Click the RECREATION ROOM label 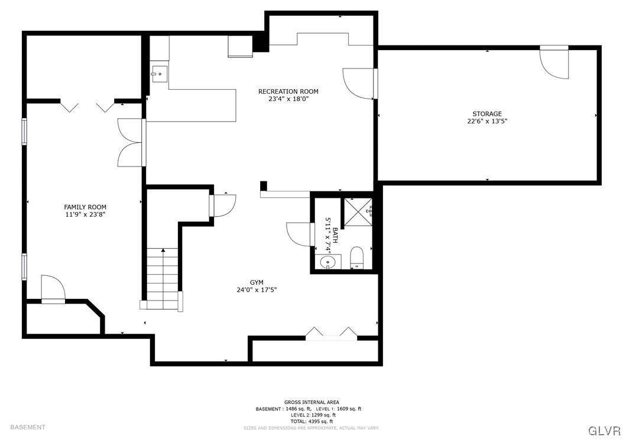tap(288, 92)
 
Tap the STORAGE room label tap(486, 114)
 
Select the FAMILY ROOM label tap(85, 207)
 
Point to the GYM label tap(256, 282)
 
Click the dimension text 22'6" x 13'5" tap(486, 122)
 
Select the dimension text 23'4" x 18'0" tap(288, 99)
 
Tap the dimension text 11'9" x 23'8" tap(85, 214)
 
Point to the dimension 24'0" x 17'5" tap(256, 290)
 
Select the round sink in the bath tap(327, 261)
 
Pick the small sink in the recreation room tap(159, 74)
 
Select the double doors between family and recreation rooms tap(130, 143)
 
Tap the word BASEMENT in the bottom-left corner tap(27, 427)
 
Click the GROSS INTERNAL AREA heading tap(311, 402)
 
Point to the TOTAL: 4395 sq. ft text tap(311, 421)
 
